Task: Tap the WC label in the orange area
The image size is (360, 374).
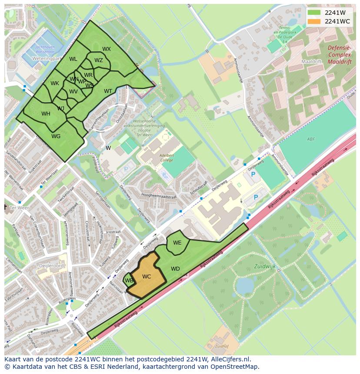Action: click(x=147, y=277)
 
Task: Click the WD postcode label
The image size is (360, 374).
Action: click(x=175, y=269)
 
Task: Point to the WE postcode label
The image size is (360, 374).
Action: click(x=177, y=243)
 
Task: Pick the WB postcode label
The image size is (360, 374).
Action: click(x=129, y=281)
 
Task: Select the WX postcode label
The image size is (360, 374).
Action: click(x=107, y=49)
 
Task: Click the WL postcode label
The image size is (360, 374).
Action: click(x=73, y=59)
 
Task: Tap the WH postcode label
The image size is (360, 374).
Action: click(x=46, y=114)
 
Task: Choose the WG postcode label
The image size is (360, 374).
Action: click(x=56, y=136)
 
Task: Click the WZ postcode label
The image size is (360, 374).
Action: click(x=99, y=60)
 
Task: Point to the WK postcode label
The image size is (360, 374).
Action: click(x=54, y=83)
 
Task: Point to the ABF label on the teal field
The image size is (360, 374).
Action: click(x=310, y=139)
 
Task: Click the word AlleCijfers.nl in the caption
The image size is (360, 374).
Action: click(x=232, y=360)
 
